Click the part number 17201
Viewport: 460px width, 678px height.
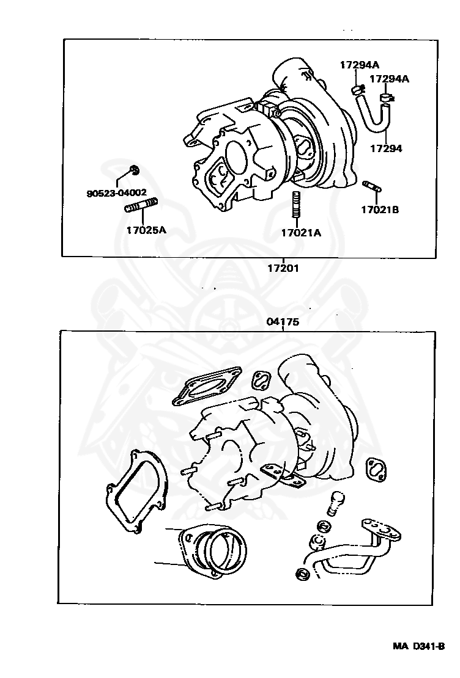283,268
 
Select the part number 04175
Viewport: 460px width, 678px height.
283,322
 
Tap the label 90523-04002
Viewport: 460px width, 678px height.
116,193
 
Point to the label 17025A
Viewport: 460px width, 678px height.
146,230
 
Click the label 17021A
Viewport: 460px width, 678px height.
301,232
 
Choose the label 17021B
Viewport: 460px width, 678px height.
379,210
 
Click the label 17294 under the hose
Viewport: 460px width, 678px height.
386,148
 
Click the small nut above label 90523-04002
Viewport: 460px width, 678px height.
135,170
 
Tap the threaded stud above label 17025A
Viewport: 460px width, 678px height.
142,206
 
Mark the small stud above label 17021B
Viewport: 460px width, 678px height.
372,184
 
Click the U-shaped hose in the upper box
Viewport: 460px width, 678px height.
373,113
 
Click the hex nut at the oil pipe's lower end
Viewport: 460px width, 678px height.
302,574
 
